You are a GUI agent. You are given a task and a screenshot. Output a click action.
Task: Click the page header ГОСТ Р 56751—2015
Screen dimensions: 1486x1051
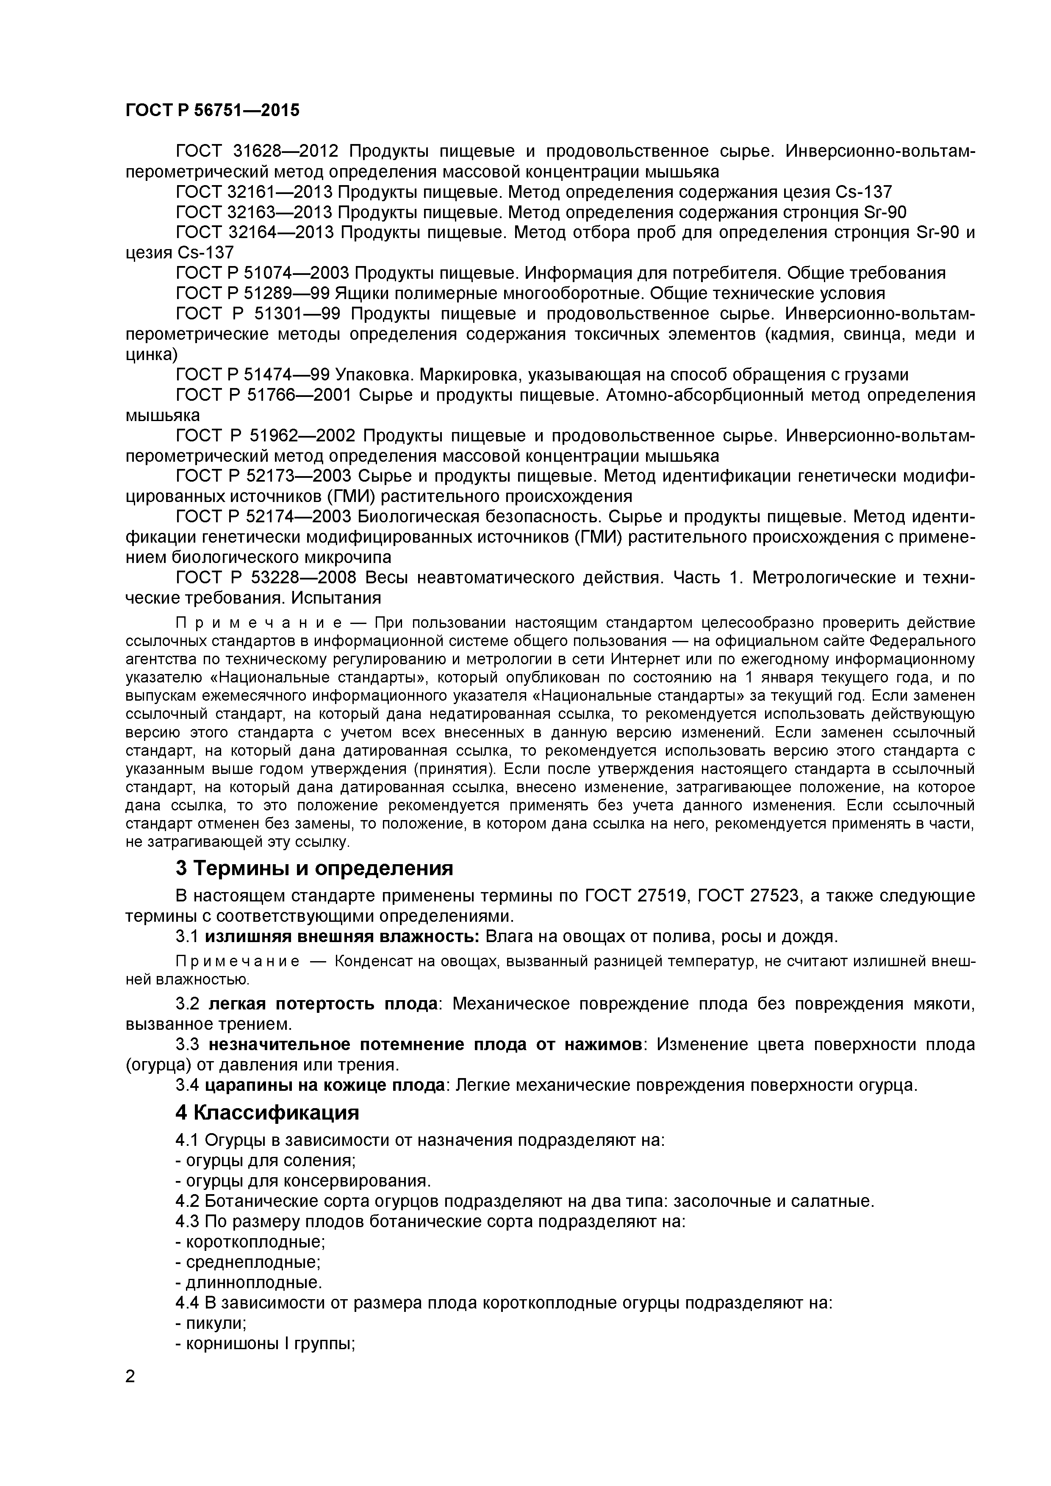click(x=212, y=110)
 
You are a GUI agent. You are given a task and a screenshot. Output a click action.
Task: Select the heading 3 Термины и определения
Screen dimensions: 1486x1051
click(x=314, y=868)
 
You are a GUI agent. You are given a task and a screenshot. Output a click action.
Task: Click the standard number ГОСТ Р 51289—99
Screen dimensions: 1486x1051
click(x=253, y=293)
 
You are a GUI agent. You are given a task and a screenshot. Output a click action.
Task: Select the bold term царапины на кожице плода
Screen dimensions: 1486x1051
click(x=328, y=1085)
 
